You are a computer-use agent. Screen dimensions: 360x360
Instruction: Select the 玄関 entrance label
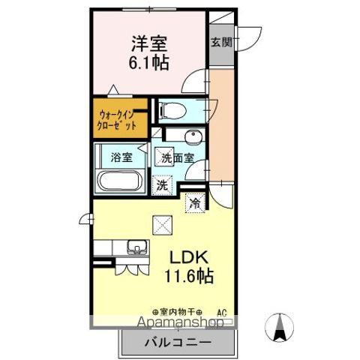[220, 42]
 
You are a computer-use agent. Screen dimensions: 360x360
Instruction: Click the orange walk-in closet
[118, 119]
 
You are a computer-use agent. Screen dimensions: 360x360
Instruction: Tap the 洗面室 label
[178, 158]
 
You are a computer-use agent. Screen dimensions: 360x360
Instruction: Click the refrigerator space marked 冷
[195, 203]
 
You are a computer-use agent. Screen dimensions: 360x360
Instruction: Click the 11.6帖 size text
[190, 275]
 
